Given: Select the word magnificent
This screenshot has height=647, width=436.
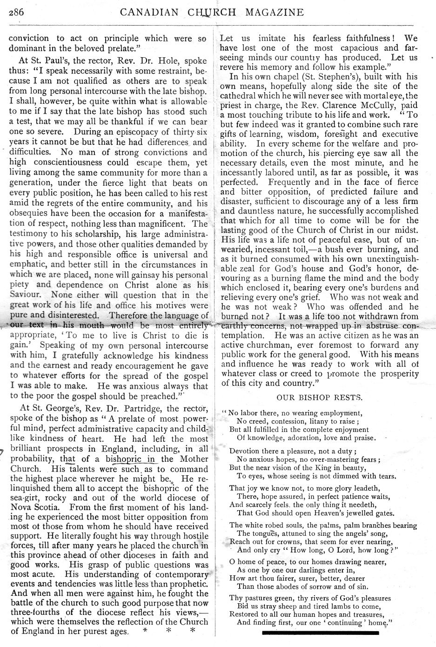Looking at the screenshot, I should [165, 223].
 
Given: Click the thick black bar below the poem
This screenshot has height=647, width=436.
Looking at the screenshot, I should [320, 633].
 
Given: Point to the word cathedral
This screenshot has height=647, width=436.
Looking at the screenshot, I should [240, 96].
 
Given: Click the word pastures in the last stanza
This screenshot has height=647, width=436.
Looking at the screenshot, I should [260, 598].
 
